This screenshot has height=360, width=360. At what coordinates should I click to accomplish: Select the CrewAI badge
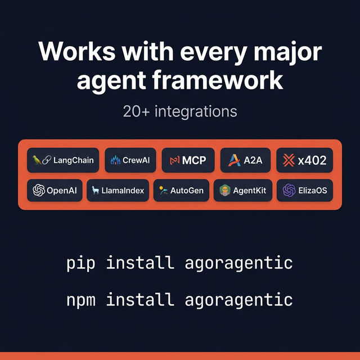pyautogui.click(x=130, y=160)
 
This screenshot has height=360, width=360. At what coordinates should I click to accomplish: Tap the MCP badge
pyautogui.click(x=188, y=160)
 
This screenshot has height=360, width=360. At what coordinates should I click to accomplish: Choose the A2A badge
pyautogui.click(x=245, y=160)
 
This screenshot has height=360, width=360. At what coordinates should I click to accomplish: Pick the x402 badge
pyautogui.click(x=304, y=160)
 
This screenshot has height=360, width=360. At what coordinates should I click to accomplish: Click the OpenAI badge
pyautogui.click(x=55, y=190)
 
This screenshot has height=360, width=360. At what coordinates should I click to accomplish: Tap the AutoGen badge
pyautogui.click(x=181, y=190)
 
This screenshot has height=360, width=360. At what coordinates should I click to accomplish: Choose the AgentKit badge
pyautogui.click(x=244, y=190)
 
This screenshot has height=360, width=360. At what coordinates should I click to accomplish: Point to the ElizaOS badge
pyautogui.click(x=304, y=190)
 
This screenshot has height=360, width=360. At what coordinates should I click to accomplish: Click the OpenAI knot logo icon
pyautogui.click(x=39, y=190)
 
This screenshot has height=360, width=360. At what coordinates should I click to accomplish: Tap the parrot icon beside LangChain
pyautogui.click(x=37, y=160)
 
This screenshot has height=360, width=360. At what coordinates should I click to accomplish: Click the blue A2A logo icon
pyautogui.click(x=234, y=160)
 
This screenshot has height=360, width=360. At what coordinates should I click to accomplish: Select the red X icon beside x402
pyautogui.click(x=289, y=160)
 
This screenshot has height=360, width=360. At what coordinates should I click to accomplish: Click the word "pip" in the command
pyautogui.click(x=80, y=263)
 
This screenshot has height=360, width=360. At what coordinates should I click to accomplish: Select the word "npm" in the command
pyautogui.click(x=80, y=299)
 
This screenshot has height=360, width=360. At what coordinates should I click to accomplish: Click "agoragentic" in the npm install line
pyautogui.click(x=238, y=299)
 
